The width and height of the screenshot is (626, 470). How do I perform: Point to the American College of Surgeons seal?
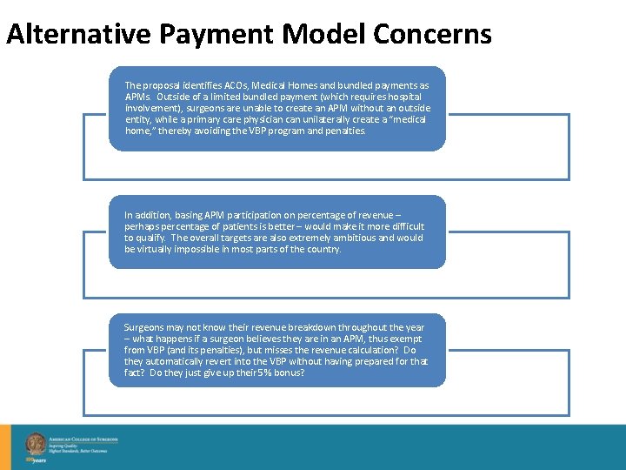tap(36, 443)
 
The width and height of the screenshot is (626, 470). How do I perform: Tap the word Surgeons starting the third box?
tap(145, 327)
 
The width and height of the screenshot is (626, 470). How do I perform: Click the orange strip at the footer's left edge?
tap(5, 446)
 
